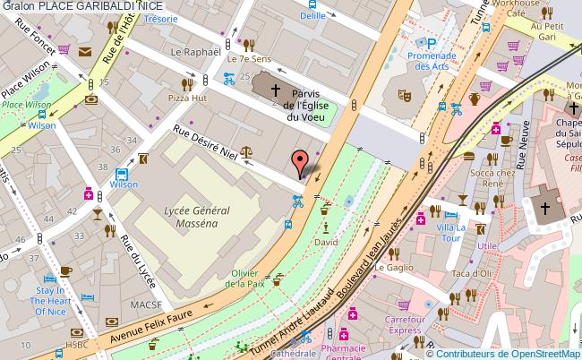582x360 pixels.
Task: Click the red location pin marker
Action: pos(303,162)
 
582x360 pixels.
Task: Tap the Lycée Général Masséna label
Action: pos(198,217)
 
